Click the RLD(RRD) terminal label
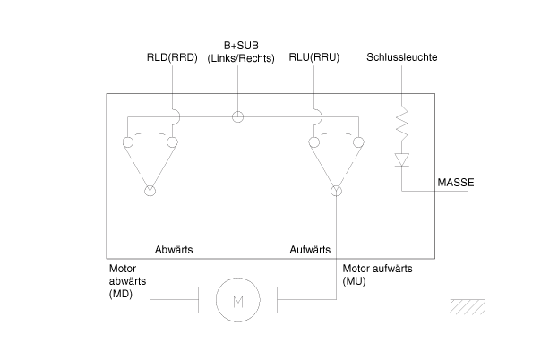[x=172, y=57]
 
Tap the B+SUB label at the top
[x=241, y=46]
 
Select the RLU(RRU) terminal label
[x=313, y=57]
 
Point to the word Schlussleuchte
[x=402, y=57]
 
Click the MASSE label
[x=456, y=183]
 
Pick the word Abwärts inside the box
[x=174, y=249]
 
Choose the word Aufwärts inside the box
[x=310, y=249]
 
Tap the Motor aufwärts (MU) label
[x=378, y=275]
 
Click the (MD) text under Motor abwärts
[x=121, y=294]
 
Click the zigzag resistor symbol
[x=402, y=123]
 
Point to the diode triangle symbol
[x=402, y=159]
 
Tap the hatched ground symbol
[x=468, y=306]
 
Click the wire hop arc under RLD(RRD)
[x=179, y=116]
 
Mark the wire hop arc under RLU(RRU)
[x=321, y=116]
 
